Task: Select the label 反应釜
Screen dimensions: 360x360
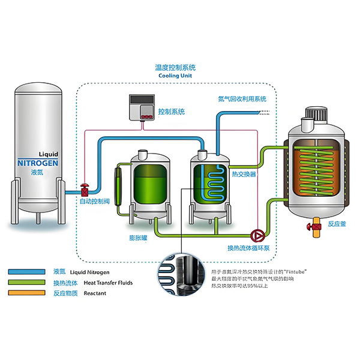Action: pyautogui.click(x=337, y=224)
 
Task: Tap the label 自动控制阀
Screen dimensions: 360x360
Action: pyautogui.click(x=94, y=202)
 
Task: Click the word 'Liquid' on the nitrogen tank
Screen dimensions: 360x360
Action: pyautogui.click(x=48, y=153)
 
